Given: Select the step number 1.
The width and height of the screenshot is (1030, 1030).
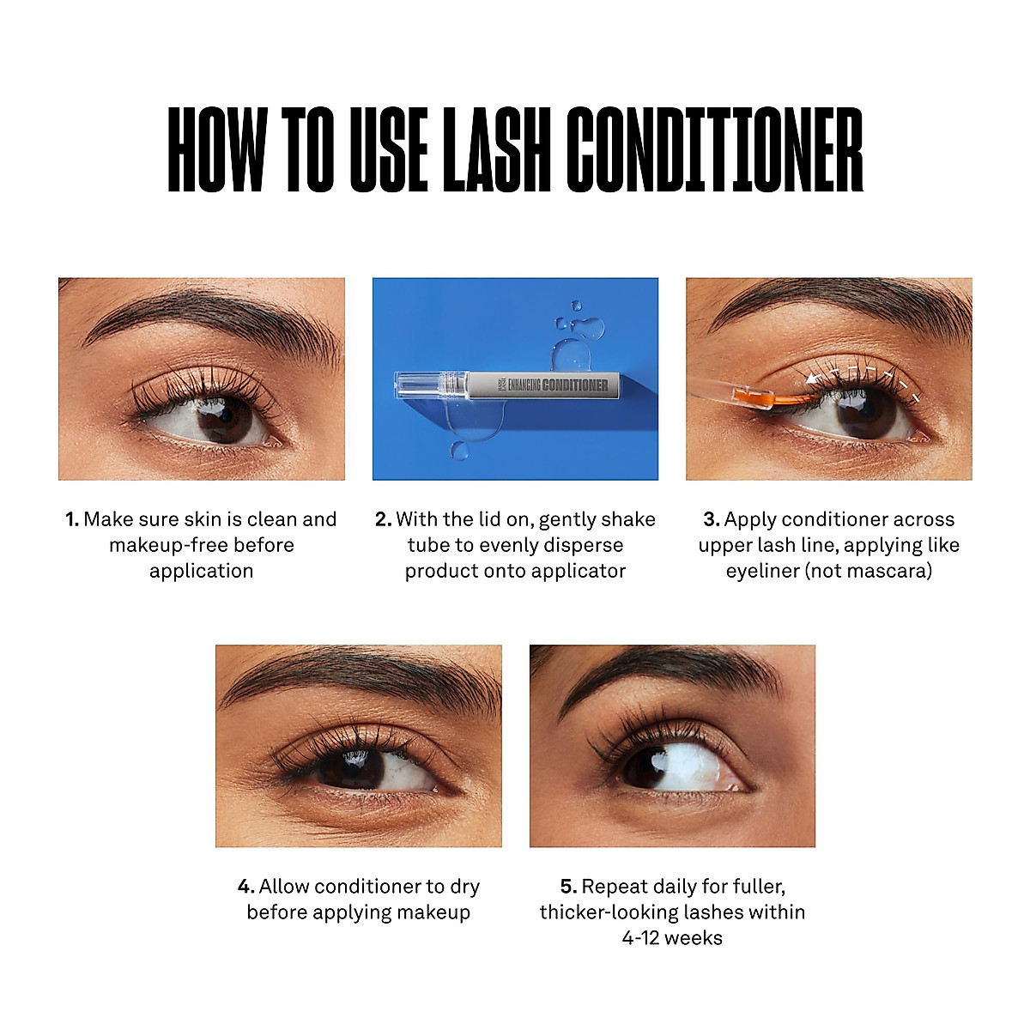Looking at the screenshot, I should coord(72,519).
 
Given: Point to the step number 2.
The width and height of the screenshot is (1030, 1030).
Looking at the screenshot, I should coord(384,519).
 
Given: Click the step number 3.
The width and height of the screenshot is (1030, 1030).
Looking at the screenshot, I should coord(712,519).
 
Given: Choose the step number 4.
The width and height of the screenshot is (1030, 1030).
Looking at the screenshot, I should coord(246,887).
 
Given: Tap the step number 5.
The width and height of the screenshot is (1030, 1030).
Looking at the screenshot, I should coord(568,887).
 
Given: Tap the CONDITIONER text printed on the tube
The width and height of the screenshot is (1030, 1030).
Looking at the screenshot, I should coord(575,385).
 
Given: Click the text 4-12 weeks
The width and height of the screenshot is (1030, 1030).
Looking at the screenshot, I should coord(672,938).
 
